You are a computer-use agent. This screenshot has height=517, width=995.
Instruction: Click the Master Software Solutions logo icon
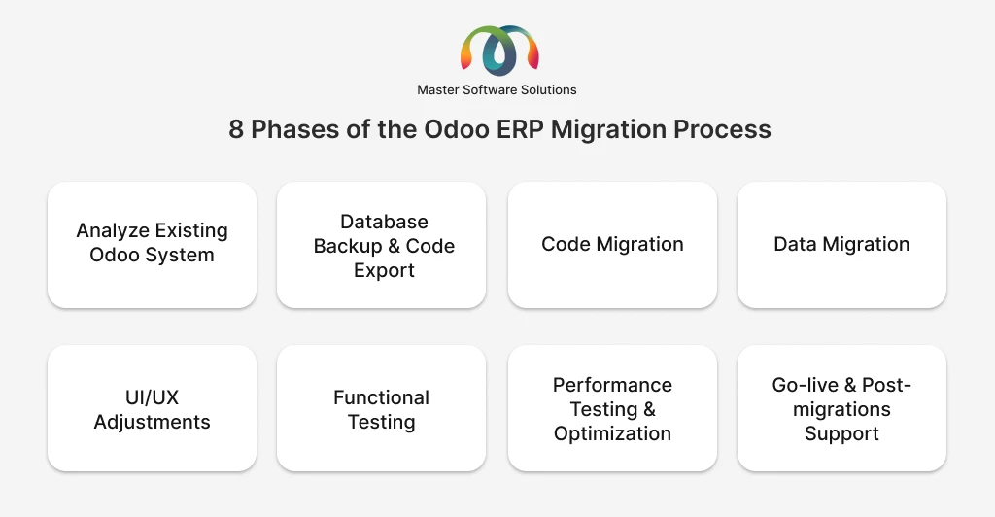point(497,50)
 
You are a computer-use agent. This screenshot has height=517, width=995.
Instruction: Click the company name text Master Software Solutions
point(497,89)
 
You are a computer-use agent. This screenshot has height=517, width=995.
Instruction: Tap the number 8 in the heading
point(236,129)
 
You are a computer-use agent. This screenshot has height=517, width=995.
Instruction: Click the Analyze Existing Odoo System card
point(152,244)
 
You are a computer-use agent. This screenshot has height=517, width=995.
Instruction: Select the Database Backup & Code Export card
point(382,246)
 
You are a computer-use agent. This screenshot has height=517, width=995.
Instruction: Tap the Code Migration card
point(612,244)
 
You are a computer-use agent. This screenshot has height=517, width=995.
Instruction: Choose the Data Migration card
point(841,244)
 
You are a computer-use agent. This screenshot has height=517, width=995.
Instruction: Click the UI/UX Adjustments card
point(152,409)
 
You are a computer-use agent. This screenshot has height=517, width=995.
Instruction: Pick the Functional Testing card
point(382,409)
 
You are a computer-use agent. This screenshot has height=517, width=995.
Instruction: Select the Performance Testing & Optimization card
point(612,409)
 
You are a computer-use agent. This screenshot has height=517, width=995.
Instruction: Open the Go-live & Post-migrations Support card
point(841,409)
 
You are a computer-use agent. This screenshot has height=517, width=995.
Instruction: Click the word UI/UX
point(152,397)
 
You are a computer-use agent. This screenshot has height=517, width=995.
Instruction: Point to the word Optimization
point(612,433)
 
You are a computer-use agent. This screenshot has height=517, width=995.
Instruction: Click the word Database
point(384,222)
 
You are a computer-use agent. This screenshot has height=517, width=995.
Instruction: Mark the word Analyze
point(113,231)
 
